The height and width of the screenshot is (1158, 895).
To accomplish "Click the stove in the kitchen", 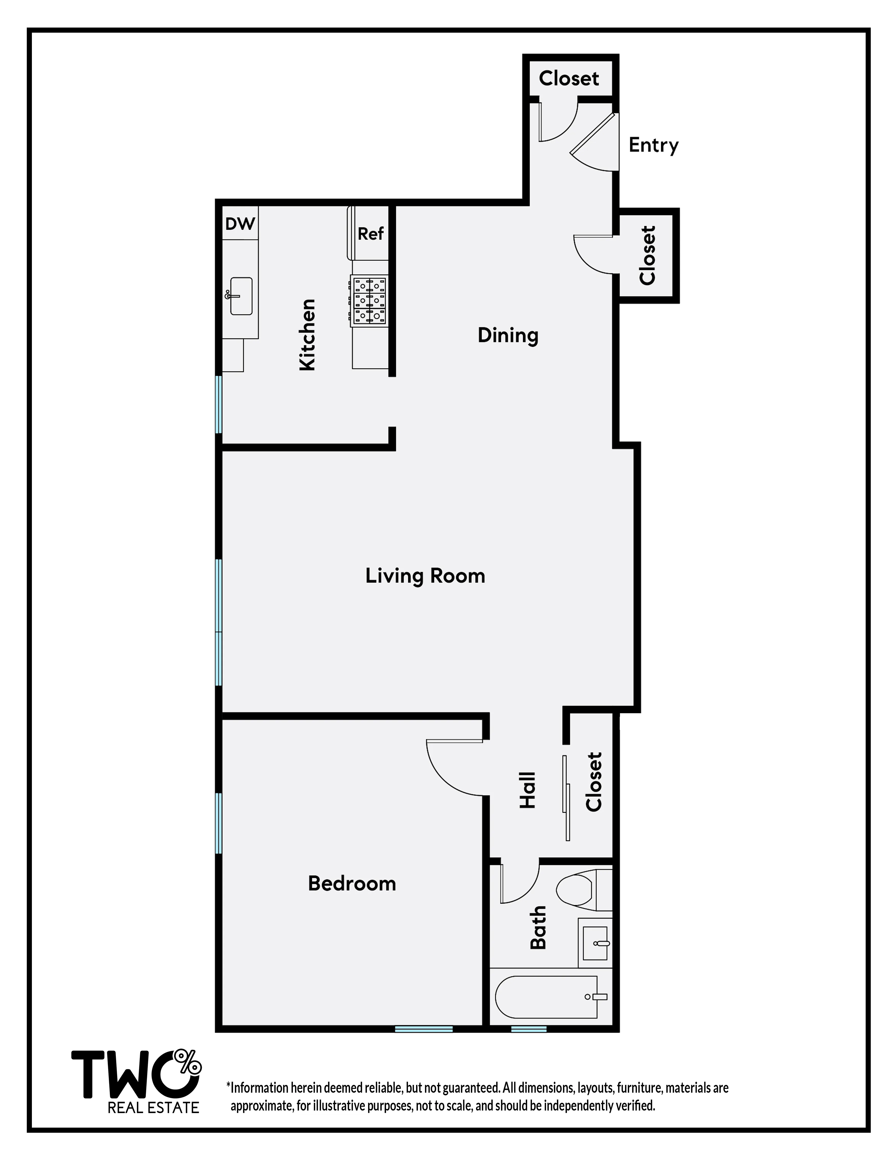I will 370,300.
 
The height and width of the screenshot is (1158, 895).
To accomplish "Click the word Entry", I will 653,145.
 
